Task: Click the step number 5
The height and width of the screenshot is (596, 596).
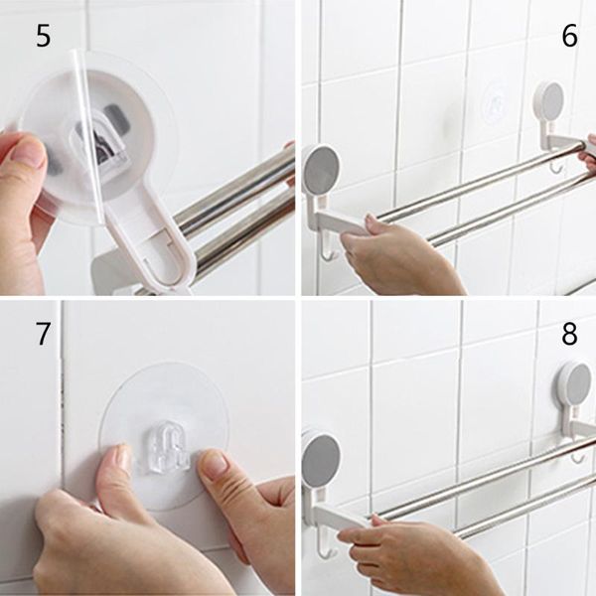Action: [x=43, y=36]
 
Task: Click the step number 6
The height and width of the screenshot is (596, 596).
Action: [x=569, y=36]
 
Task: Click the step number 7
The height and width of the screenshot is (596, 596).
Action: [x=43, y=334]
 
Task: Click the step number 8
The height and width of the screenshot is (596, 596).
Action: [x=569, y=334]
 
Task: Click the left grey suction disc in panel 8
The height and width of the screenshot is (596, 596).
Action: [x=321, y=461]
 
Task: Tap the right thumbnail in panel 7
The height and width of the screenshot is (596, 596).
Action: [x=214, y=463]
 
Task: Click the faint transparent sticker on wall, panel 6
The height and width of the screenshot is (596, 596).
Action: [x=495, y=102]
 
